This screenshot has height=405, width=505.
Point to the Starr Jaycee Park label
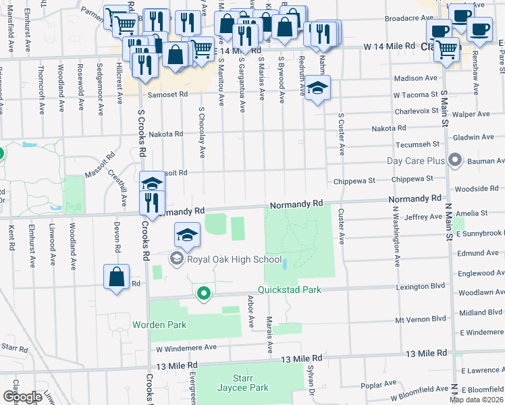click(242, 382)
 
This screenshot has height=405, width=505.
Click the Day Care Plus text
click(416, 161)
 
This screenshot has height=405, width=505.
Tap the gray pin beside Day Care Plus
click(455, 161)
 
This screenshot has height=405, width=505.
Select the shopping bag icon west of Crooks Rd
click(117, 277)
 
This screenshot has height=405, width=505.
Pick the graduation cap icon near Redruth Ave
click(317, 88)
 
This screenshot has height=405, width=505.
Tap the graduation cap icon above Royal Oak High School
click(188, 234)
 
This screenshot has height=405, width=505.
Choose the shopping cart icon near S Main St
click(445, 49)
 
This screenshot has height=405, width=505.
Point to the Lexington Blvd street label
click(421, 286)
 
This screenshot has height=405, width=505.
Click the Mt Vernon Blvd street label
click(421, 319)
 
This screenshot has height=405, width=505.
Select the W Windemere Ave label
click(186, 348)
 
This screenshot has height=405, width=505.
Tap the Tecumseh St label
click(417, 144)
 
